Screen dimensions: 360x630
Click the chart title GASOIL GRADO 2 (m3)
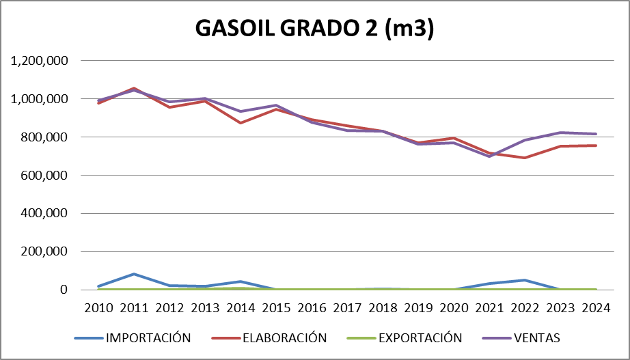pyautogui.click(x=315, y=29)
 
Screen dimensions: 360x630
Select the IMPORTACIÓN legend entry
pyautogui.click(x=147, y=337)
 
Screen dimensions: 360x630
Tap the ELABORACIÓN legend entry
pyautogui.click(x=283, y=337)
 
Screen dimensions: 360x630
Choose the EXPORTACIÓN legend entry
pyautogui.click(x=420, y=337)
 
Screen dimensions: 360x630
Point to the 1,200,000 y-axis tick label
pyautogui.click(x=39, y=61)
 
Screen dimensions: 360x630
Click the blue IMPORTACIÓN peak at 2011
pyautogui.click(x=135, y=274)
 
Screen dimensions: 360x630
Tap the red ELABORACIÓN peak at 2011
pyautogui.click(x=135, y=88)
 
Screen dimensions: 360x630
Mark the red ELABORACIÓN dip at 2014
pyautogui.click(x=241, y=123)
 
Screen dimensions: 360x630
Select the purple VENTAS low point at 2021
pyautogui.click(x=489, y=156)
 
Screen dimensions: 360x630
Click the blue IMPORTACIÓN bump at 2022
pyautogui.click(x=524, y=280)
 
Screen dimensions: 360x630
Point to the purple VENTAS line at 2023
pyautogui.click(x=560, y=133)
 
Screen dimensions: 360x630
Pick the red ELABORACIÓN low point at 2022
pyautogui.click(x=524, y=158)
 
